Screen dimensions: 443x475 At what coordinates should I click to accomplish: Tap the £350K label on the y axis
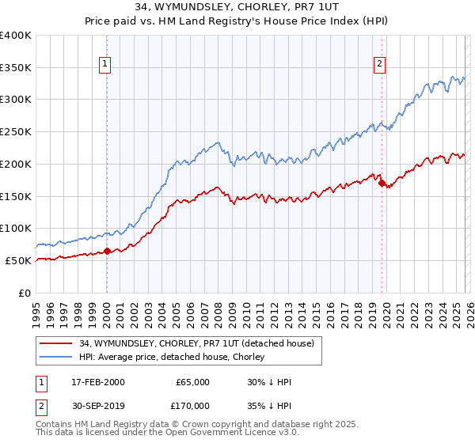16,67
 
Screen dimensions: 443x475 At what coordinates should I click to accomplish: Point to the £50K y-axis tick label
19,260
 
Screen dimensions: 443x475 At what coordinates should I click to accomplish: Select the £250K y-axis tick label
16,132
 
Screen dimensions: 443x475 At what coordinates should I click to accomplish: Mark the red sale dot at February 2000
107,252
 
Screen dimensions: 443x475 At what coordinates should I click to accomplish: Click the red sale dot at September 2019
382,184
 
